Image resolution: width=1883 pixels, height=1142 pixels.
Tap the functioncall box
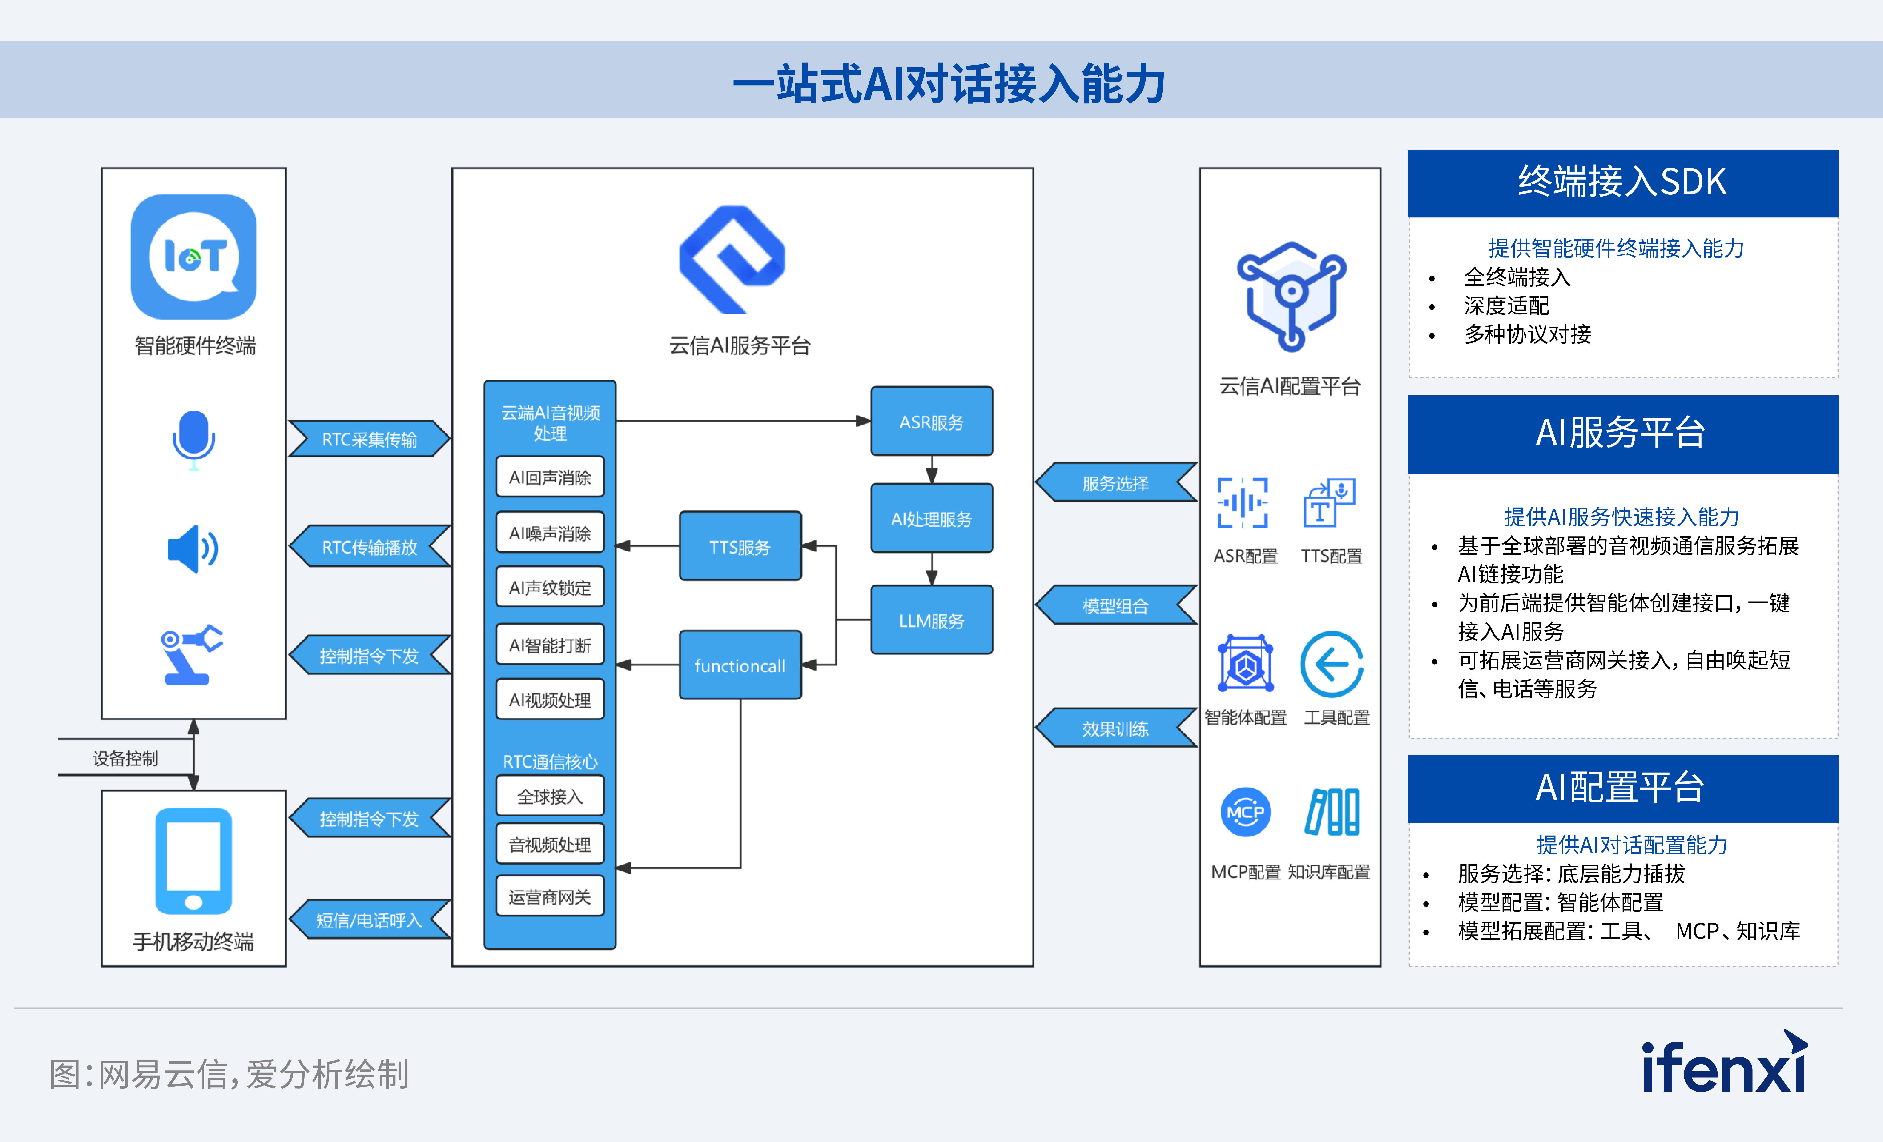(740, 665)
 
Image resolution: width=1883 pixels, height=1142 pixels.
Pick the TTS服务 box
(740, 547)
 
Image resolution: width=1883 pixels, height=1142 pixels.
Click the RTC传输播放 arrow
(369, 547)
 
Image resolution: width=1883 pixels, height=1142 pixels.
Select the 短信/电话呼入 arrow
(369, 919)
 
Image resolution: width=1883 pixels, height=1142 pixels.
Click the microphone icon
(193, 440)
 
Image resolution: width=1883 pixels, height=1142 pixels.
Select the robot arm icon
(190, 655)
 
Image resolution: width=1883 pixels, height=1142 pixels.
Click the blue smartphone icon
(193, 862)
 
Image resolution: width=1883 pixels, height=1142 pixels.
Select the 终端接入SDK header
(1622, 183)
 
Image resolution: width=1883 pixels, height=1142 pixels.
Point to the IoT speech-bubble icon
(193, 257)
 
